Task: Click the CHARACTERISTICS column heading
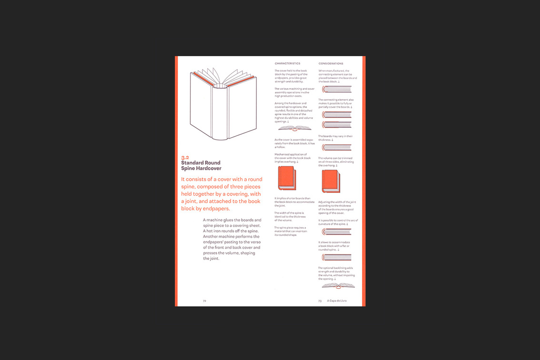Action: click(x=287, y=63)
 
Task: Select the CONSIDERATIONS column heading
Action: click(x=331, y=63)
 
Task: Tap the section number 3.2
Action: click(x=185, y=157)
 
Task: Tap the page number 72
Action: click(x=204, y=301)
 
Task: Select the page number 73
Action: click(x=320, y=301)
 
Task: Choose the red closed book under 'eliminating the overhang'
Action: click(x=330, y=181)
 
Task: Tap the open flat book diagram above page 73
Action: click(x=338, y=286)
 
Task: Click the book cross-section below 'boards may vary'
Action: click(x=336, y=148)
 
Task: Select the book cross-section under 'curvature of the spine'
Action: click(x=336, y=232)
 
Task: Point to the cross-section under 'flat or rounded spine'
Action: click(x=336, y=258)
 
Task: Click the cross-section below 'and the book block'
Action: click(x=336, y=89)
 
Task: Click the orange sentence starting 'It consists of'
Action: click(x=222, y=194)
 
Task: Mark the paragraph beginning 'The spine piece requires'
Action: click(x=290, y=231)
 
